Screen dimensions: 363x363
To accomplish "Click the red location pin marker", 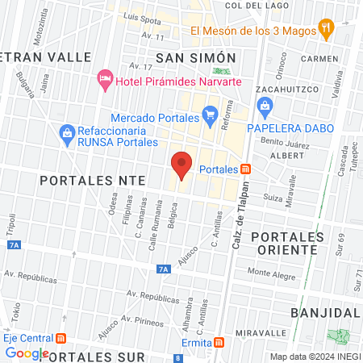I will (x=182, y=165).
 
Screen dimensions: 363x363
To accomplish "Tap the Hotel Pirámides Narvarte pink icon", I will (x=104, y=78).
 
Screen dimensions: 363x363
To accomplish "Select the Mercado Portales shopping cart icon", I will (x=211, y=114).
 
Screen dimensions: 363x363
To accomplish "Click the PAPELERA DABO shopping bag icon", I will (x=264, y=106).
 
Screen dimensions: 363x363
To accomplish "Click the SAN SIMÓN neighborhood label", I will (x=196, y=57).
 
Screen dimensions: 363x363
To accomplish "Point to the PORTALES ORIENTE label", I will (x=288, y=243).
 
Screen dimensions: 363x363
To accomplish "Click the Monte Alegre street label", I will (x=272, y=272).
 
